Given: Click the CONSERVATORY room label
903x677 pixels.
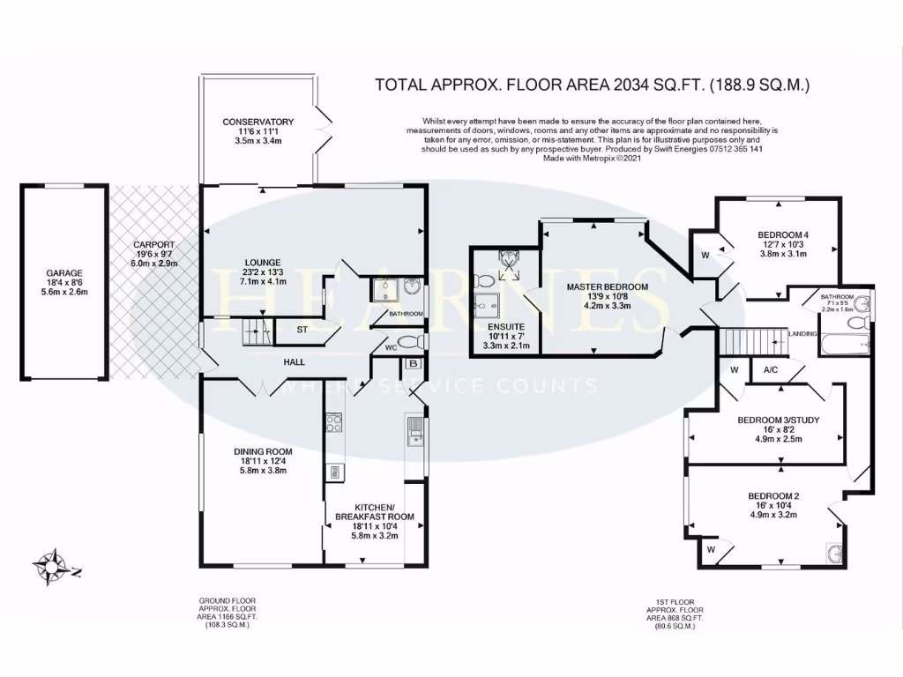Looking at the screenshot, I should point(257,122).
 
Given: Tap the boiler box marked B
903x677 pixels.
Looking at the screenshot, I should point(413,362).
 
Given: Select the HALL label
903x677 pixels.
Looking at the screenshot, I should point(295,362).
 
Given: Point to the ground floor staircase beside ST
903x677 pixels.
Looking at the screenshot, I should point(255,333).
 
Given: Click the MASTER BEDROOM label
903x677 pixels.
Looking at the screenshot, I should point(607,287).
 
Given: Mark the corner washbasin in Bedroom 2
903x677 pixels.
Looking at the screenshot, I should point(834,553).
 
